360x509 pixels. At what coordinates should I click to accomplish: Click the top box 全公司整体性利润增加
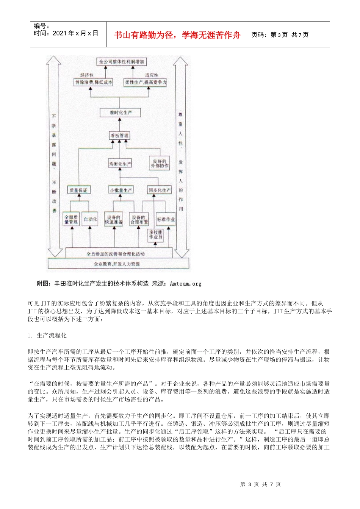[x=121, y=62]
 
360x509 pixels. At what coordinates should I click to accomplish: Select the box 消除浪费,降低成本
[x=93, y=82]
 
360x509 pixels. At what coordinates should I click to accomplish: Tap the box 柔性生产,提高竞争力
[x=146, y=82]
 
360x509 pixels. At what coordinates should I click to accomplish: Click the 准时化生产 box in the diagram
[x=121, y=112]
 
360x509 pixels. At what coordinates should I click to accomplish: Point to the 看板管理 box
[x=119, y=136]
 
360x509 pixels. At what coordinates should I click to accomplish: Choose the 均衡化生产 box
[x=120, y=164]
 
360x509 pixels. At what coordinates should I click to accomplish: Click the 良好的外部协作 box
[x=160, y=164]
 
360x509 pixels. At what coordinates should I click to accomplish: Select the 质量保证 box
[x=78, y=190]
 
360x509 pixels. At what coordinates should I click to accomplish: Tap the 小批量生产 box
[x=121, y=190]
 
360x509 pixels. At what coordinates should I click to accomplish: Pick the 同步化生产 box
[x=160, y=190]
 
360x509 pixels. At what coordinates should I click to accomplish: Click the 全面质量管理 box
[x=71, y=219]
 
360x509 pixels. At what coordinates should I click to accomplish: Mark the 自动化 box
[x=90, y=219]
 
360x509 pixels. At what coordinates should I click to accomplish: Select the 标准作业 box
[x=166, y=219]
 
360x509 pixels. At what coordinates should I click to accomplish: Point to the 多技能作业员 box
[x=156, y=234]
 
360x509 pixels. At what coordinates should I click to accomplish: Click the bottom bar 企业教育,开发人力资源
[x=117, y=264]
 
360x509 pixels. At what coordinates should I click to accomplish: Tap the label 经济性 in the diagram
[x=87, y=75]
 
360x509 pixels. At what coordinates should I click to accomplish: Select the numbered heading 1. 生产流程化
[x=47, y=336]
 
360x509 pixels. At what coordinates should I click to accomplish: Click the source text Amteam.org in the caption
[x=186, y=283]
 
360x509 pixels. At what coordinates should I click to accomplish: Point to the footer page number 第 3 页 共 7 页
[x=261, y=484]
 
